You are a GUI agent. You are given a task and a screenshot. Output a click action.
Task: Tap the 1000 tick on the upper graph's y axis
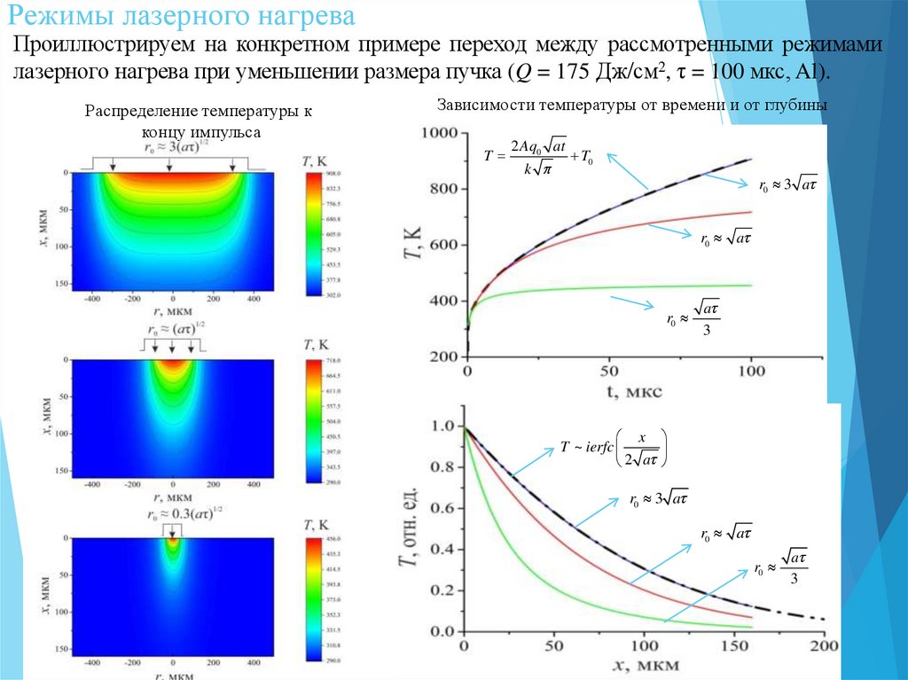tap(441, 133)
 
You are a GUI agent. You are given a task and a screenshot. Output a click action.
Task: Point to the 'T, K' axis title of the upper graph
tap(410, 244)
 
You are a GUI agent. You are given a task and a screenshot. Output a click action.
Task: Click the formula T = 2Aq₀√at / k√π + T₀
tap(539, 155)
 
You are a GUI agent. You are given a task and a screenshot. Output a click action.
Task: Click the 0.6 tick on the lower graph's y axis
tap(442, 509)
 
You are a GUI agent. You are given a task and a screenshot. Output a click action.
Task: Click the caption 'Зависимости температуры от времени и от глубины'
tap(632, 105)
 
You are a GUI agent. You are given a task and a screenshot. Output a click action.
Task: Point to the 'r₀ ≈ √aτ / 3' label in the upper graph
tap(693, 317)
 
